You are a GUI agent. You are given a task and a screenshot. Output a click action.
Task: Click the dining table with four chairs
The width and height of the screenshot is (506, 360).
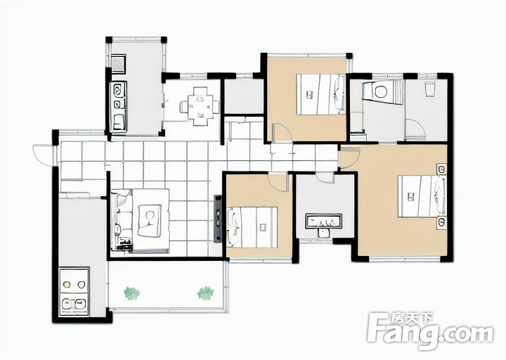[x=200, y=106]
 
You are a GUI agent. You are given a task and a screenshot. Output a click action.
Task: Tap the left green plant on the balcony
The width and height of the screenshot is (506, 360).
[x=132, y=293]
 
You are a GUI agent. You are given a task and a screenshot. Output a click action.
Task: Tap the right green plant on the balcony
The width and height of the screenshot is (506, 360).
[x=205, y=292]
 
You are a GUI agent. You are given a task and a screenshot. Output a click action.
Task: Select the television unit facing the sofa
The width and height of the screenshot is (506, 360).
[x=218, y=219]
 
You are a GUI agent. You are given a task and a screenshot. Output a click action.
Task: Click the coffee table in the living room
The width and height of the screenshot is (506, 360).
[x=150, y=221]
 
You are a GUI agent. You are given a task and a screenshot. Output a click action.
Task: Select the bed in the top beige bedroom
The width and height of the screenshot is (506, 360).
[x=320, y=94]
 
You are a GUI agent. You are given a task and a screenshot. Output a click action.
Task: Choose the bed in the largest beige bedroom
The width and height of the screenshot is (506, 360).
[x=422, y=196]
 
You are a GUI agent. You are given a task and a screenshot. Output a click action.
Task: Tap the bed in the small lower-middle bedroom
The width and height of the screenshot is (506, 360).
[x=252, y=227]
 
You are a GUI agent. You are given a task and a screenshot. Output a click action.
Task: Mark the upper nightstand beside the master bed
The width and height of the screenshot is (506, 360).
[x=441, y=169]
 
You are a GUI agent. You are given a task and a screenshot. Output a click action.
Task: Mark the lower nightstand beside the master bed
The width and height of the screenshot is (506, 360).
[x=441, y=223]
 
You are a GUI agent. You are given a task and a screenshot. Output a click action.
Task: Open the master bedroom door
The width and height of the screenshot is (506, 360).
[x=350, y=157]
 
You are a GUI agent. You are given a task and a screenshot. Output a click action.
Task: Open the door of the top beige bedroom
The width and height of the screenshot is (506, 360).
[x=283, y=133]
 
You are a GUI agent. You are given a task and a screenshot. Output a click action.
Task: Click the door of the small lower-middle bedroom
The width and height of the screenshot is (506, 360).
[x=278, y=182]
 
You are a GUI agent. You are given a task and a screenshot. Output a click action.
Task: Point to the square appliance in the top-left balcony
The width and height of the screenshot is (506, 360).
[x=119, y=63]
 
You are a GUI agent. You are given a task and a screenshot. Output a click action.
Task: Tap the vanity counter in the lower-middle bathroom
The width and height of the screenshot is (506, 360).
[x=324, y=221]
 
